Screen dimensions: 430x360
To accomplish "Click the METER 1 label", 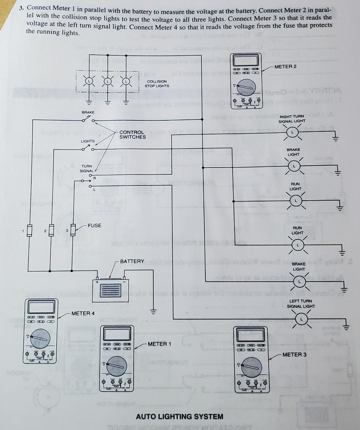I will pos(159,344).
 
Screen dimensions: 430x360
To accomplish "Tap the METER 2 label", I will pos(285,66).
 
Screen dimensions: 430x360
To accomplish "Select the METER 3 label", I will pos(294,354).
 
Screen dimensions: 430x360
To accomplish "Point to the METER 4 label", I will pos(83,313).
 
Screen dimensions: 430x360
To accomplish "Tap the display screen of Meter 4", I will pos(40,307).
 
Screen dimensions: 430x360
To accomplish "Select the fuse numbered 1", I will pos(29,231).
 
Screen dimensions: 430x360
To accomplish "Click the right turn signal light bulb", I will pos(292,132).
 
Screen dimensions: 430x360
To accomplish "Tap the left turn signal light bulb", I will pos(301,319).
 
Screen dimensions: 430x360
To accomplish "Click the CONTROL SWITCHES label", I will pos(132,134).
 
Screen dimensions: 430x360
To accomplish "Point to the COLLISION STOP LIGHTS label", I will pos(157,83).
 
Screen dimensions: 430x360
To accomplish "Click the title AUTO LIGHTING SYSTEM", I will pos(180,416).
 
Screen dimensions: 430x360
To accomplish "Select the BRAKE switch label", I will pos(88,112).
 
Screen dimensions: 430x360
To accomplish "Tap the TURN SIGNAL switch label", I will pos(87,168).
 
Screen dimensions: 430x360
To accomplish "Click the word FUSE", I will pos(94,226).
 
